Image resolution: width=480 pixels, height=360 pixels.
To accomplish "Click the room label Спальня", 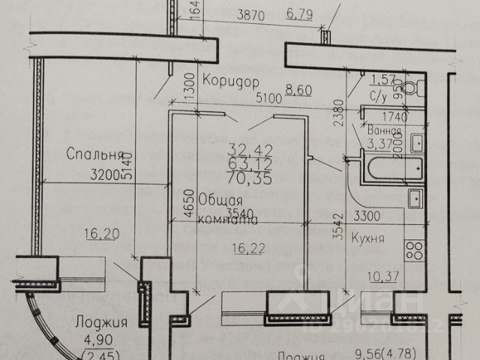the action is (x=94, y=155).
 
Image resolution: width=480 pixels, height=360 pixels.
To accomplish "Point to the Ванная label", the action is (x=384, y=130).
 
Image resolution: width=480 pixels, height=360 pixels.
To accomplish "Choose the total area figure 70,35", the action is (x=251, y=178).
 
